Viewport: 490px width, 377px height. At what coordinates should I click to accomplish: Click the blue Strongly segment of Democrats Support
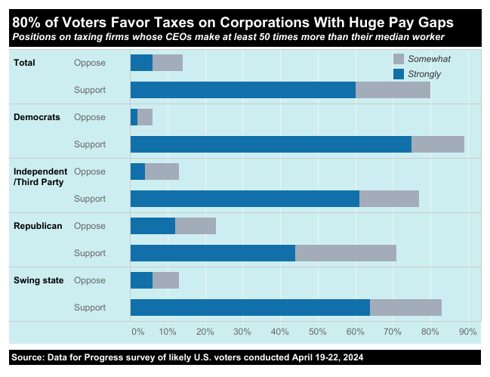[271, 144]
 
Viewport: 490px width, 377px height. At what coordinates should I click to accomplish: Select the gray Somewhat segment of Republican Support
[346, 253]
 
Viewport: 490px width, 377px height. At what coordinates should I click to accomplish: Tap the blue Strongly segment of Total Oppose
[141, 63]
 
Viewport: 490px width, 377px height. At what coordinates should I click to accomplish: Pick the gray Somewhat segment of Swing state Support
[405, 307]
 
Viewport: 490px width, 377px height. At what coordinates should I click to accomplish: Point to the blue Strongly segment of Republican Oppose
[153, 226]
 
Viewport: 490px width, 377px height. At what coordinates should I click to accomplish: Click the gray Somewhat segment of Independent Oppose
[162, 172]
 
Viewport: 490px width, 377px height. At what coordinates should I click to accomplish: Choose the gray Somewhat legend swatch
[399, 59]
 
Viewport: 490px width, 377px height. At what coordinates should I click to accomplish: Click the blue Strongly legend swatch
[399, 74]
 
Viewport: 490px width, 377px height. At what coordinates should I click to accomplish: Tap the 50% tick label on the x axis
[317, 332]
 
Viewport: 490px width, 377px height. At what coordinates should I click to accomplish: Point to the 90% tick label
[467, 332]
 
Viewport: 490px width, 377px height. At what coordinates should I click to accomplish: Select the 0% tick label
[137, 332]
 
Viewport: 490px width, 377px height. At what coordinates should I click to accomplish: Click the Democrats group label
[37, 117]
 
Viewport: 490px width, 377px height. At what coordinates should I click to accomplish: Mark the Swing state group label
[39, 280]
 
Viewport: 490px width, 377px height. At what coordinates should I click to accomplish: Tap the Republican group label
[38, 226]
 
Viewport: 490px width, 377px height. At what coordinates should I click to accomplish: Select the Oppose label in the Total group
[90, 63]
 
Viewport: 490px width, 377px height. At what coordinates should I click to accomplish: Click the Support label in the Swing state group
[90, 307]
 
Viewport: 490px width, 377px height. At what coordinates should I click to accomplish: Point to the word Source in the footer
[28, 356]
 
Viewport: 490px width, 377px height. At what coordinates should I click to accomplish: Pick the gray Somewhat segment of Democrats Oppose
[145, 117]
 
